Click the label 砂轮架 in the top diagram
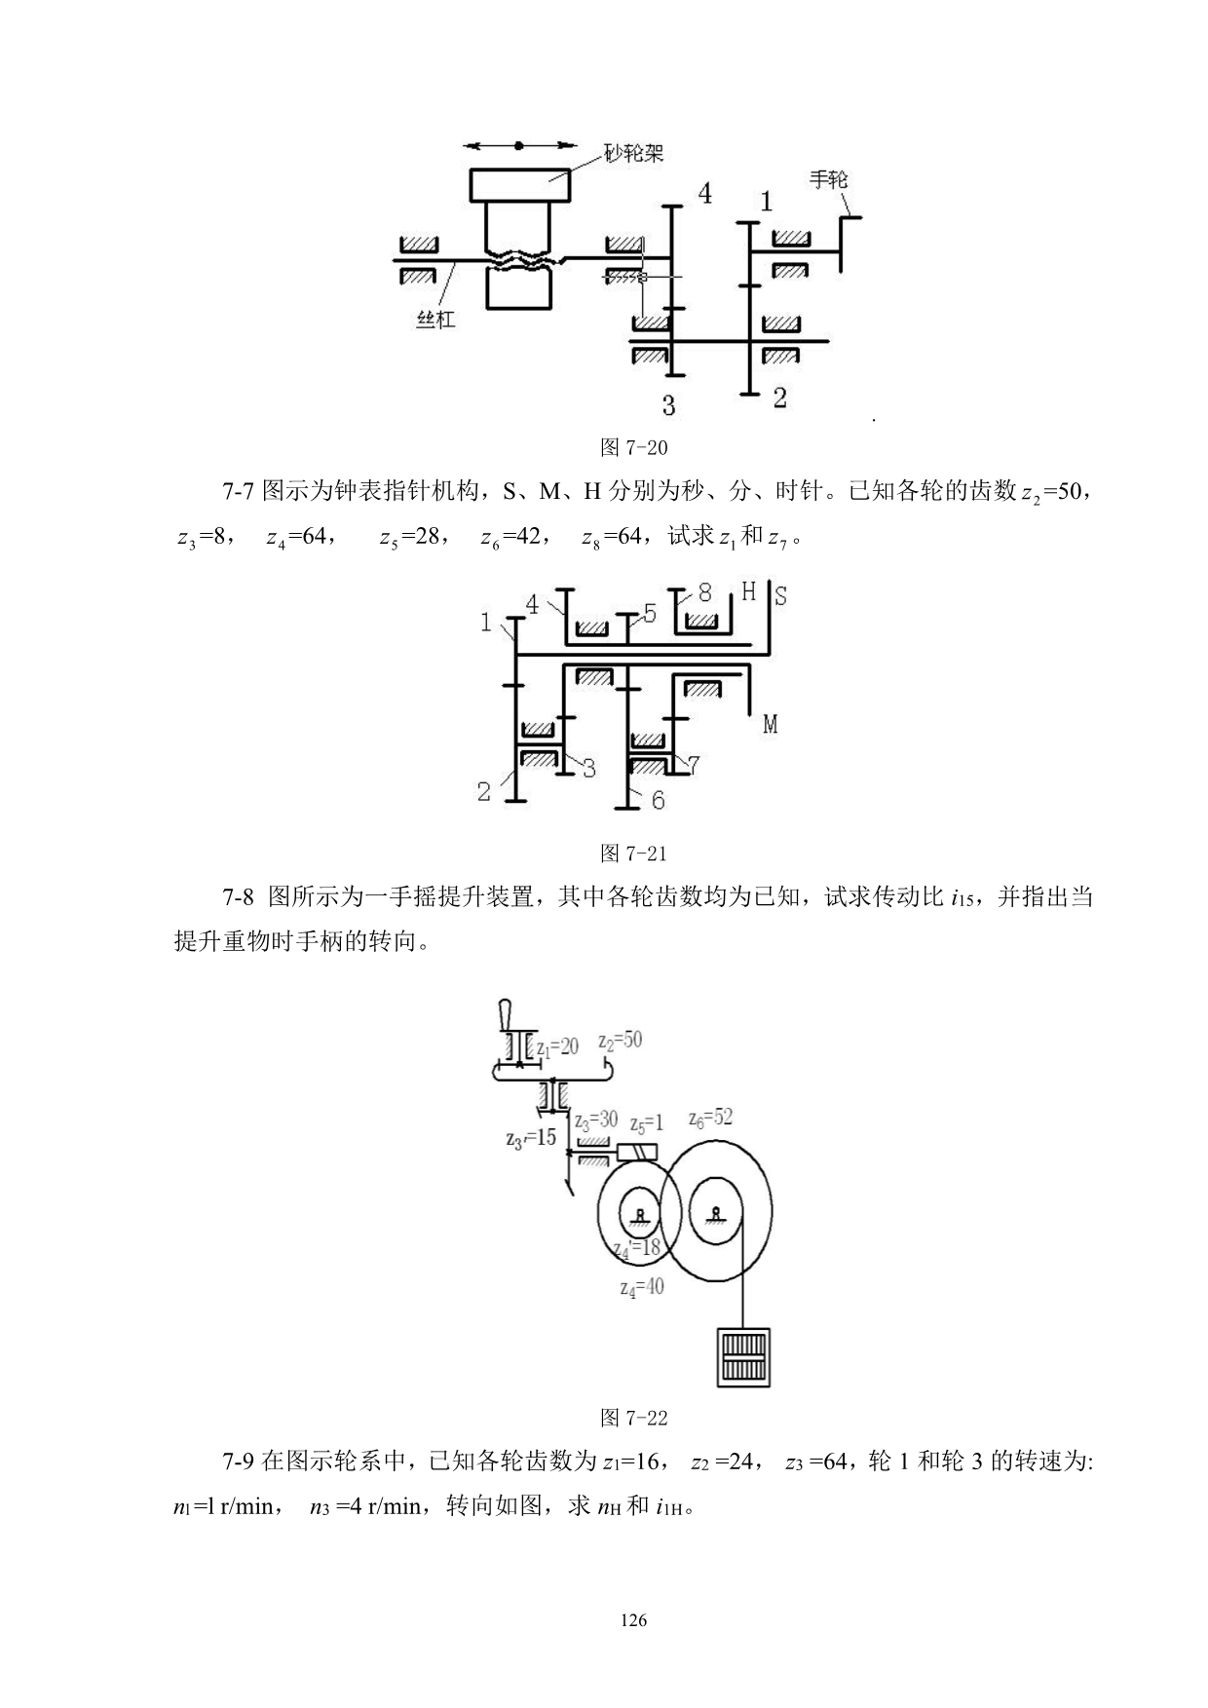(x=634, y=154)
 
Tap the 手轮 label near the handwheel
(x=829, y=179)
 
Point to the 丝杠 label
(x=435, y=319)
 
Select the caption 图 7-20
(x=634, y=447)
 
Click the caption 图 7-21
(x=634, y=854)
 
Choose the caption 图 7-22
(x=634, y=1417)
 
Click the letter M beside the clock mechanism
(x=770, y=724)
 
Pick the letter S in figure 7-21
(x=780, y=596)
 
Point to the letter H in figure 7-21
(x=748, y=591)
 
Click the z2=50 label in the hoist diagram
(x=621, y=1041)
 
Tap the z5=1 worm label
(x=646, y=1124)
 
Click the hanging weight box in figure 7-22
(x=743, y=1357)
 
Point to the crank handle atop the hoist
(x=505, y=1014)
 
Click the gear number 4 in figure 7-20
(x=704, y=194)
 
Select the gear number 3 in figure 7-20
(x=668, y=404)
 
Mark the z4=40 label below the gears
(x=642, y=1287)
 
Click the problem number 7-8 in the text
(x=239, y=897)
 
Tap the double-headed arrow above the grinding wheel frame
(x=519, y=146)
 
